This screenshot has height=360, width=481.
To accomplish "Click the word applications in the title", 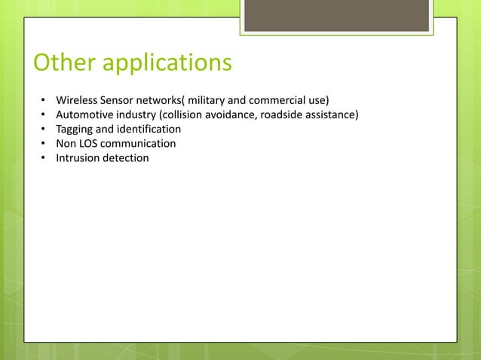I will coord(167,64).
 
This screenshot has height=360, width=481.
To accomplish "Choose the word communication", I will coord(141,143).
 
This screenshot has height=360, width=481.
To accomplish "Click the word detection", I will coord(127,157).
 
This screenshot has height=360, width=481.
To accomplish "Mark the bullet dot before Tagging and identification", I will coord(44,130).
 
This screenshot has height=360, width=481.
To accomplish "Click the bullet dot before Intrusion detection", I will coord(44,158).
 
